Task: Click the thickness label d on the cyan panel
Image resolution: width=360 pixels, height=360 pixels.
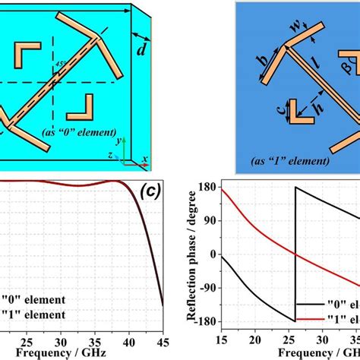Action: point(142,52)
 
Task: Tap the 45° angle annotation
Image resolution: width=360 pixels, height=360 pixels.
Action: point(60,63)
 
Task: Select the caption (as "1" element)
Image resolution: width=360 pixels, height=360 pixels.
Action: point(292,161)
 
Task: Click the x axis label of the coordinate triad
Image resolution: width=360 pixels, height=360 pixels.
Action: point(144,159)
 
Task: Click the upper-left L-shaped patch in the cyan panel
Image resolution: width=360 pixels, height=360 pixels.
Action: point(28,54)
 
